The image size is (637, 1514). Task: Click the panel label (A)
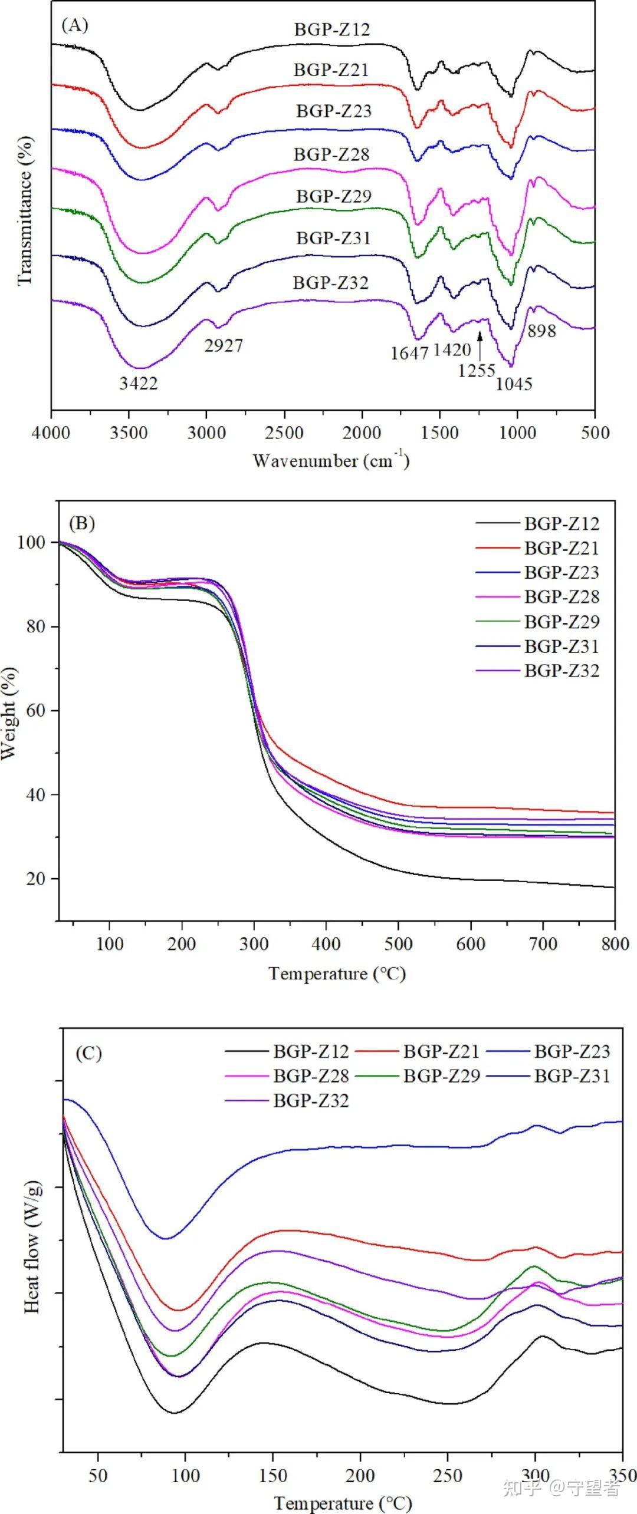[75, 26]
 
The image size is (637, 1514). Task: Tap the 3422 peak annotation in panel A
[139, 384]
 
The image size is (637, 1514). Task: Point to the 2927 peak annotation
[224, 345]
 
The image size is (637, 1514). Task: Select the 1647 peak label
[409, 353]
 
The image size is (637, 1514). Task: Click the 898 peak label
[541, 331]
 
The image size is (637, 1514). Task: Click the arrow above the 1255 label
[480, 346]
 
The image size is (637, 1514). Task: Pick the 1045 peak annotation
[514, 384]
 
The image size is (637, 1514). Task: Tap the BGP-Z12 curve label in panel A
[333, 29]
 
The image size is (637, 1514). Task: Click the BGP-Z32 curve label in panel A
[331, 283]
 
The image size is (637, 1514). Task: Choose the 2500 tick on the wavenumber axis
[284, 433]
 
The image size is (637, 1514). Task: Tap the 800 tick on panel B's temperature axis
[615, 944]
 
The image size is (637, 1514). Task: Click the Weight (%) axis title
[9, 714]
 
